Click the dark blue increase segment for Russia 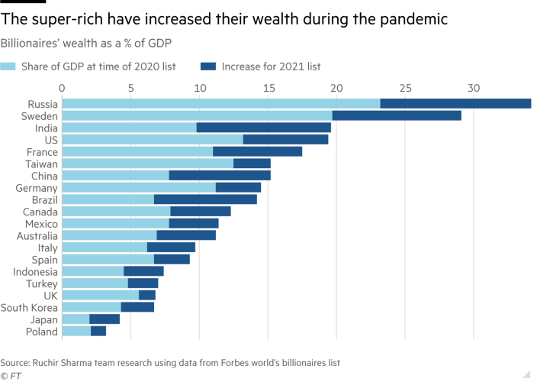pos(455,104)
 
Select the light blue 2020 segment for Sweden pos(197,115)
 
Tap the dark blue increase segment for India pos(264,128)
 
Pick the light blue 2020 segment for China pos(115,175)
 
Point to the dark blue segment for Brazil pos(205,199)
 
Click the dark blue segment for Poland pos(98,331)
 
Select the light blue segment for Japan pos(76,319)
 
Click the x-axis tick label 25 pos(405,88)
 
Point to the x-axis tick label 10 pos(199,88)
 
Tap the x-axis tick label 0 pos(62,88)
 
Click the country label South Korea pos(30,307)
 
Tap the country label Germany pos(37,187)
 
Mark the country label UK pos(50,295)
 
